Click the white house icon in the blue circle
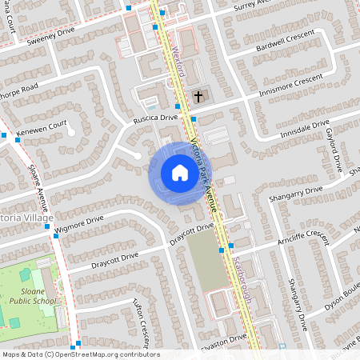[179, 173]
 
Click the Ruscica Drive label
[156, 118]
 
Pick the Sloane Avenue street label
[33, 178]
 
